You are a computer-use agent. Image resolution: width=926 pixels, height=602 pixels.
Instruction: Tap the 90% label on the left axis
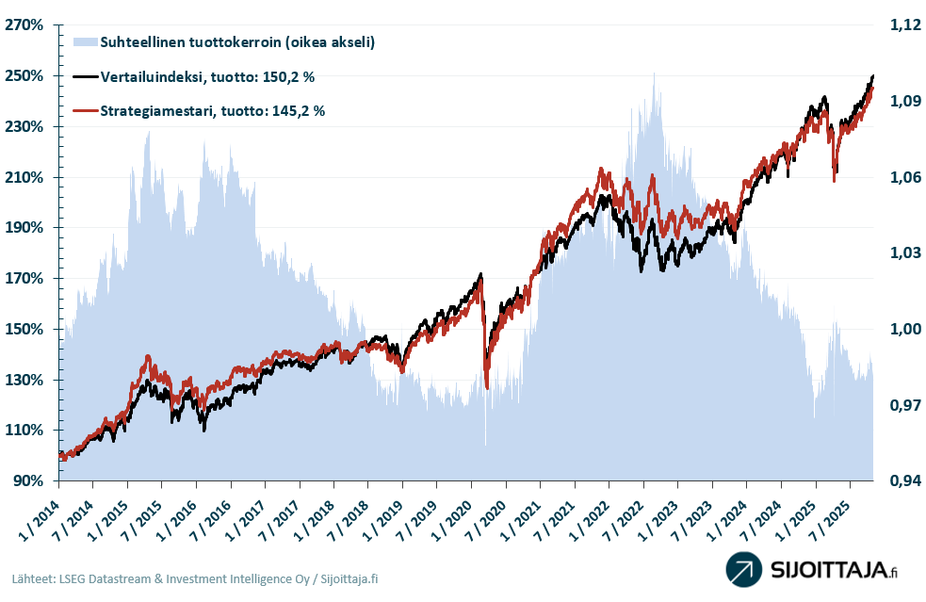pyautogui.click(x=28, y=481)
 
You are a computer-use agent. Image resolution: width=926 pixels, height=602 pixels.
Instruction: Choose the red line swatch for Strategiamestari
pyautogui.click(x=84, y=111)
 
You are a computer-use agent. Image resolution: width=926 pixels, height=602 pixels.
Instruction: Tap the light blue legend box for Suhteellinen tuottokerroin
pyautogui.click(x=84, y=42)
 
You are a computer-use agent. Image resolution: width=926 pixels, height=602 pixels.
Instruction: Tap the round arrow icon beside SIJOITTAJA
pyautogui.click(x=744, y=570)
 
